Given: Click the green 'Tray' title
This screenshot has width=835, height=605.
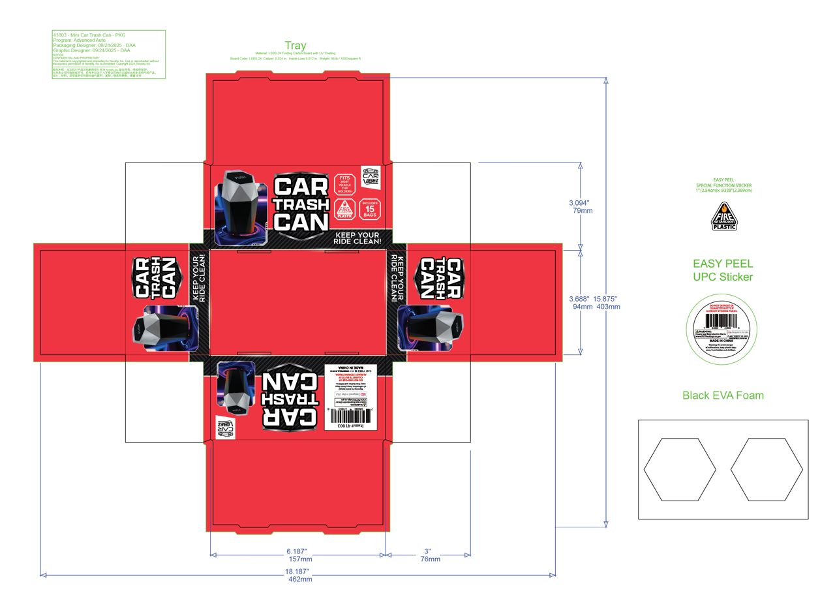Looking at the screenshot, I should click(295, 46).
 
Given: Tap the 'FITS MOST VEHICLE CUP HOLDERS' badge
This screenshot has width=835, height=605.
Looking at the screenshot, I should click(344, 185).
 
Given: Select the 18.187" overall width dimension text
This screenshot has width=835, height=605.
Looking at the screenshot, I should click(299, 572).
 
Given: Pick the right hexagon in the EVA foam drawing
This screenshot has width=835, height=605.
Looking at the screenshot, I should click(767, 469).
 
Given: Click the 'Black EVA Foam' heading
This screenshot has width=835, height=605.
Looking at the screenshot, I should click(723, 395).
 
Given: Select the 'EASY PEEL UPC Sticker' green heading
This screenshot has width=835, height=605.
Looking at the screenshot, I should click(723, 270).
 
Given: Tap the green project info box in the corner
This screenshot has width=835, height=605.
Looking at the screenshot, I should click(108, 54).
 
